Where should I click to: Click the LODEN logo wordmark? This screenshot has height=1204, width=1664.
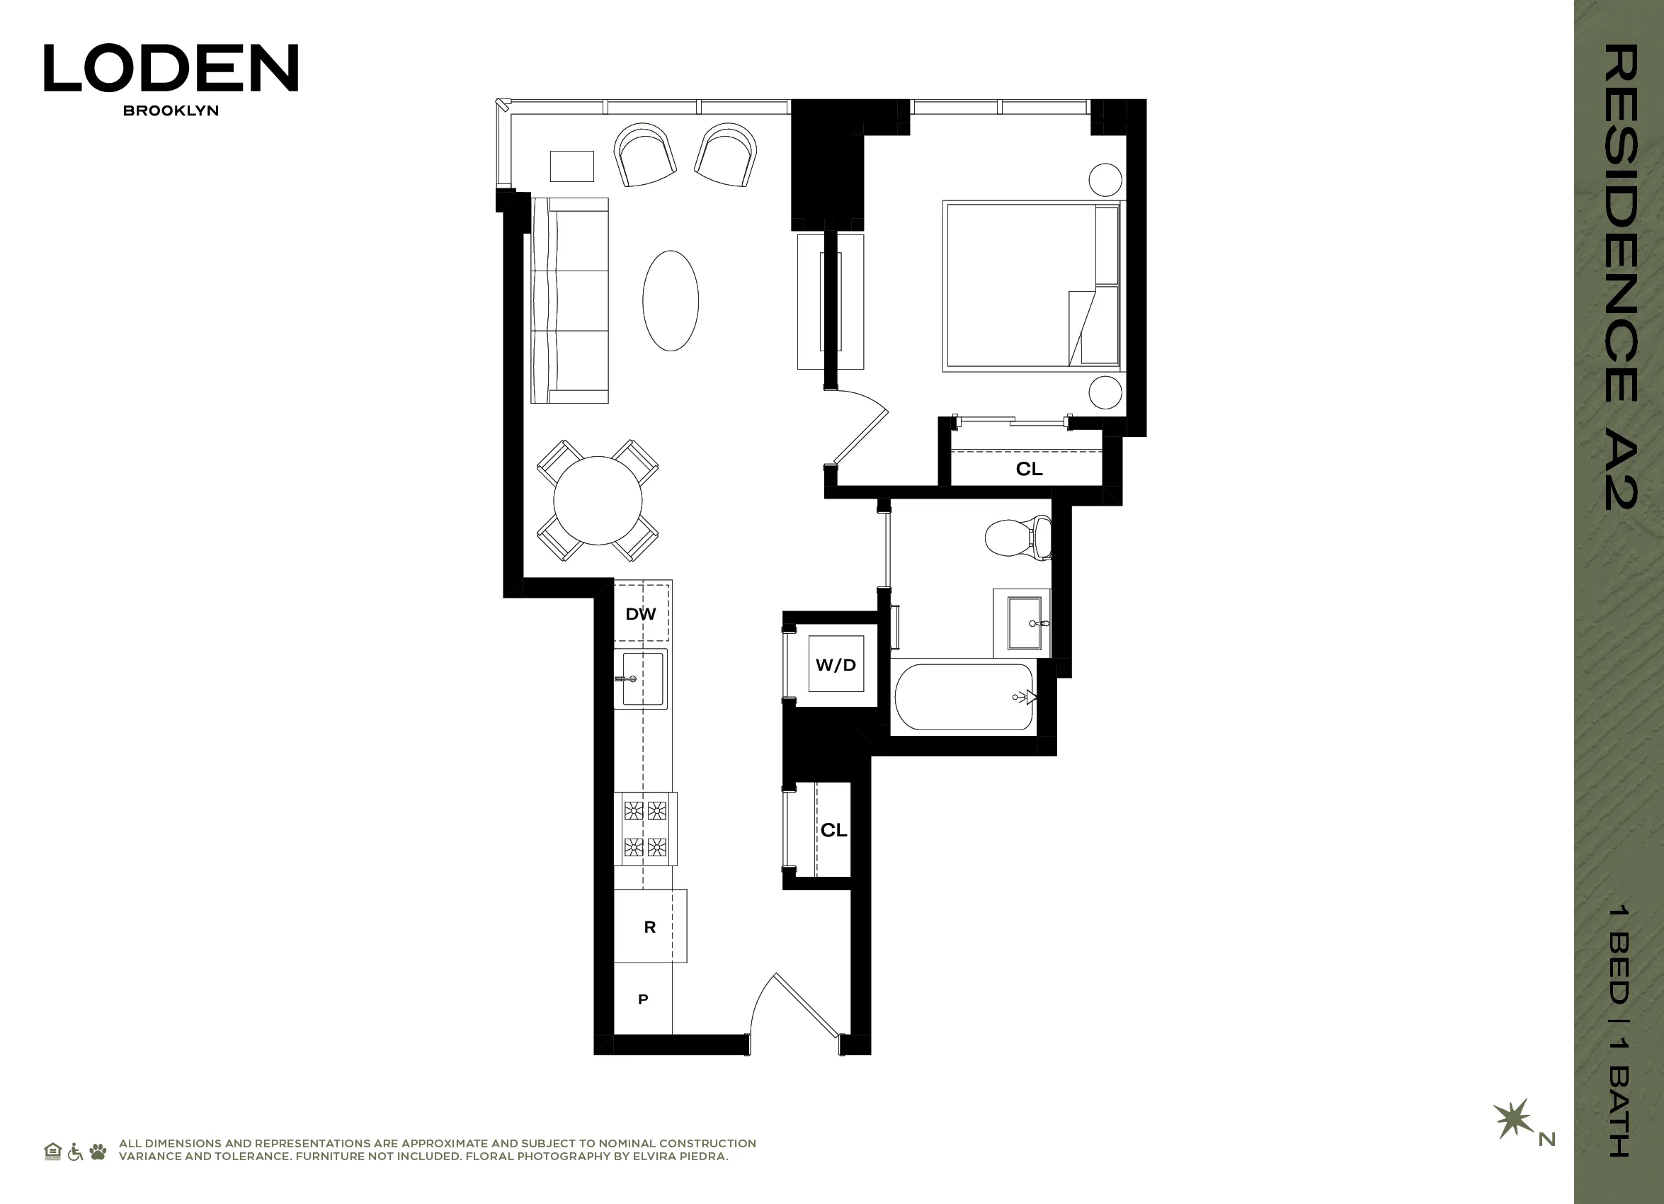point(171,67)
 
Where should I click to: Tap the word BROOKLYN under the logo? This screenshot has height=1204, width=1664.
point(171,110)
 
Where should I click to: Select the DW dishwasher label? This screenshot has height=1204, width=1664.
point(641,614)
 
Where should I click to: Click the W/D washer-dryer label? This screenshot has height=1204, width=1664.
point(836,665)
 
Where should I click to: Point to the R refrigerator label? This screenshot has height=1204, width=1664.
point(649,926)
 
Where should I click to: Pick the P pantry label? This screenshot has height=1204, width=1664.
point(643,999)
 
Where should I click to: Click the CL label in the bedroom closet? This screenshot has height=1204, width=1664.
point(1029,469)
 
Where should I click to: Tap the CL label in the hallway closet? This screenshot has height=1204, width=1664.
point(833,830)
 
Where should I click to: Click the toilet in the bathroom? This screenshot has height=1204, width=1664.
point(1016,537)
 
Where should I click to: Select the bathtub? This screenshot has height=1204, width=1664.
point(963,697)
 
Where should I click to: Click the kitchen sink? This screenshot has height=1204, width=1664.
point(642,678)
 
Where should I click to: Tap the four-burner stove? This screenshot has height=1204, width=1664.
point(646,829)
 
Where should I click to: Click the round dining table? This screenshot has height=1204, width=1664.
point(598,501)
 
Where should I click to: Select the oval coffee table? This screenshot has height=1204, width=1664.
point(671,301)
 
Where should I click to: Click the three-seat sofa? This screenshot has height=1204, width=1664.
point(570,300)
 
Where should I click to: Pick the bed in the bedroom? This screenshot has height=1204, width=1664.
point(1031,285)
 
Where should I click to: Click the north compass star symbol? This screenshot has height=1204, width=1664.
point(1512,1119)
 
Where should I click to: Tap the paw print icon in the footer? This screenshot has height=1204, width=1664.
point(98,1151)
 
